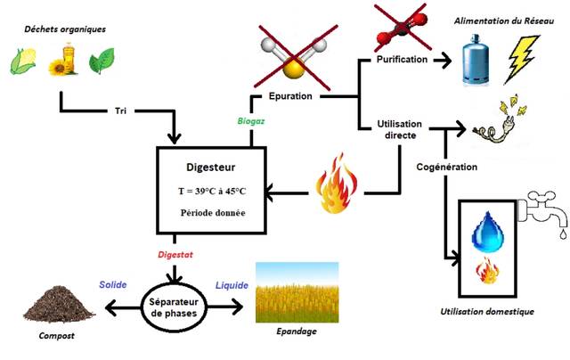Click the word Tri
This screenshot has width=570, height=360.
coord(121,112)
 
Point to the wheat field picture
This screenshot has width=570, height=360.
coord(297,293)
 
